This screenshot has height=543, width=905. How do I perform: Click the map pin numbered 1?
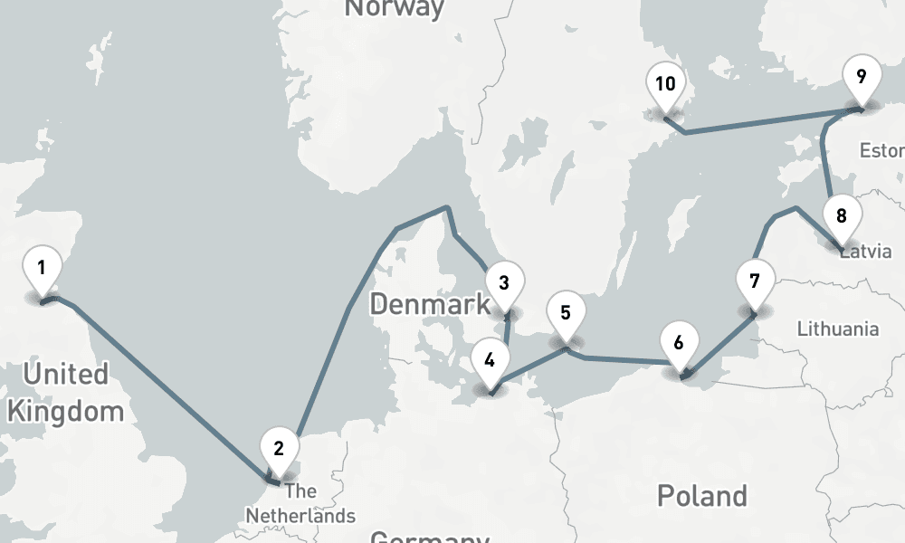click(x=42, y=268)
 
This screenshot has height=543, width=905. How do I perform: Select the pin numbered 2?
click(x=279, y=448)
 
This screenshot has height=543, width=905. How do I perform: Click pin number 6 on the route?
click(x=680, y=343)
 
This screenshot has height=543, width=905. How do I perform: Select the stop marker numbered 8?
click(x=842, y=217)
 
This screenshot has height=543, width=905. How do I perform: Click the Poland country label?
click(x=702, y=496)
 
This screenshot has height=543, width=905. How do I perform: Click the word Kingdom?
click(x=65, y=412)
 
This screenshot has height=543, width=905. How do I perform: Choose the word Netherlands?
click(x=300, y=516)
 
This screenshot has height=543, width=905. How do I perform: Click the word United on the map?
click(x=65, y=374)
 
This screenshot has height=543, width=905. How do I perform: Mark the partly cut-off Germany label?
click(x=429, y=536)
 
